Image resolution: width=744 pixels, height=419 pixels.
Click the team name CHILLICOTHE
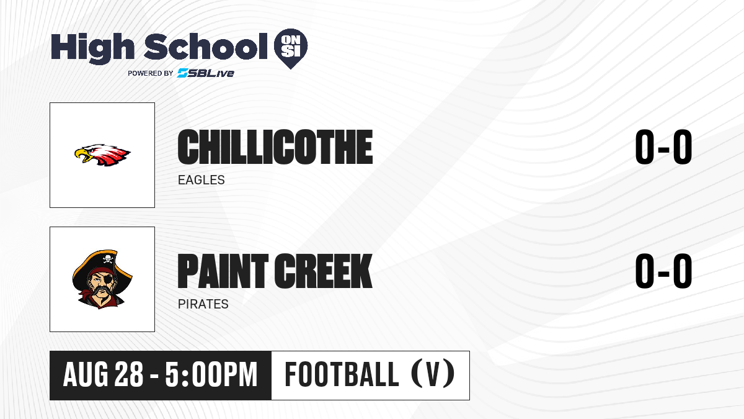(275, 147)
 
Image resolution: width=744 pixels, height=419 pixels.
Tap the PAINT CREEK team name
(275, 271)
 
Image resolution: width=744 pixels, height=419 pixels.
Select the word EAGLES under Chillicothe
(201, 180)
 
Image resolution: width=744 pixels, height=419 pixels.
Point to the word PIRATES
(203, 304)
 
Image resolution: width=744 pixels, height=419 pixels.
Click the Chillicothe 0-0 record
(663, 146)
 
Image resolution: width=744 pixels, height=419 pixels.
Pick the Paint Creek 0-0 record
(663, 271)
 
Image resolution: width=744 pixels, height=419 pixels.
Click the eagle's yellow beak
(81, 156)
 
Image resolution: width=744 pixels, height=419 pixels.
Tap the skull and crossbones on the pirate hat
(108, 258)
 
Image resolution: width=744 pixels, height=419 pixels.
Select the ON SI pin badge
(291, 48)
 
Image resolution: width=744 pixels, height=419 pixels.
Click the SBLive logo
(205, 73)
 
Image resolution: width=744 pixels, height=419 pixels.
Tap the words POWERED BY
(151, 73)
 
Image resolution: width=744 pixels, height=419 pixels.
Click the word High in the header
(93, 48)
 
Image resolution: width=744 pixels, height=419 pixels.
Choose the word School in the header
(206, 47)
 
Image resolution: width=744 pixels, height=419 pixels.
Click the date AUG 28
(103, 374)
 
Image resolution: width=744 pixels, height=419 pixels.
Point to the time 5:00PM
(211, 374)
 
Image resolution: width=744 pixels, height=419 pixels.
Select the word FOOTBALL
(342, 374)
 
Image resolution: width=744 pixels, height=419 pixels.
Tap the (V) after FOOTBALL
(433, 374)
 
